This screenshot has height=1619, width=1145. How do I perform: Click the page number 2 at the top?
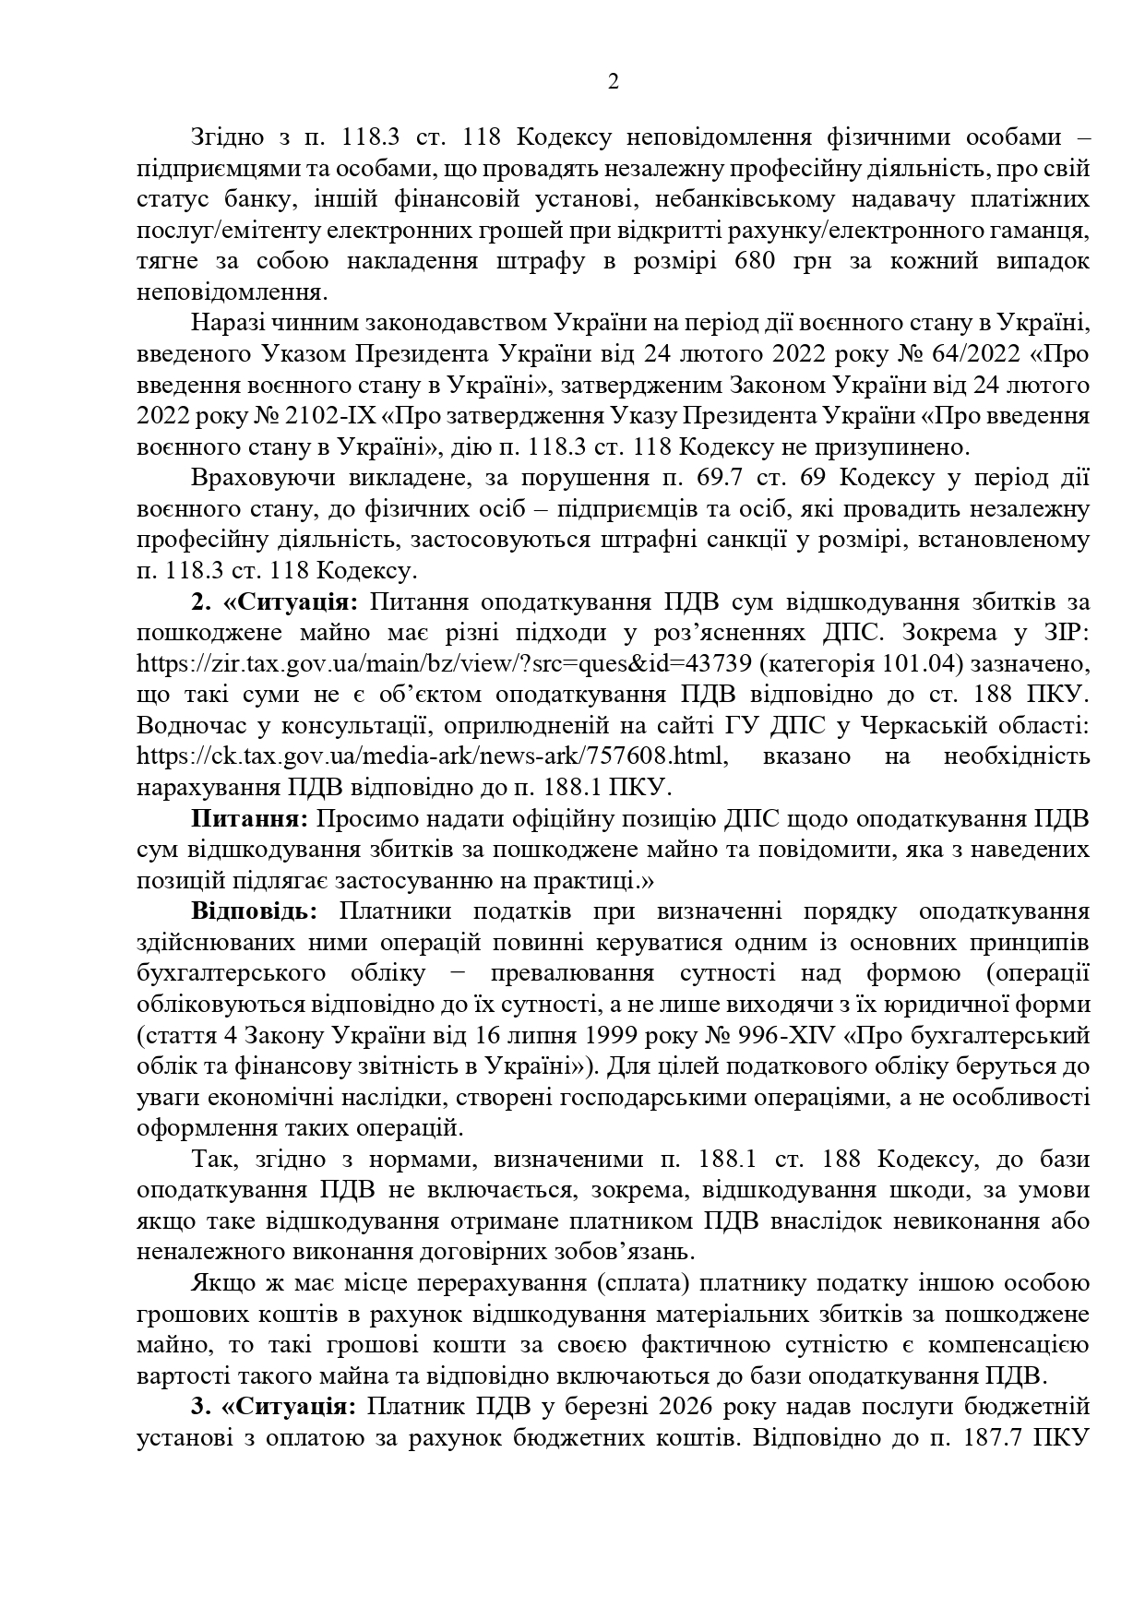pos(614,82)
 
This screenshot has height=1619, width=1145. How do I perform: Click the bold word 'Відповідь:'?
pos(254,911)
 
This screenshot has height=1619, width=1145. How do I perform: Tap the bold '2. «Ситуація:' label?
pos(275,602)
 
